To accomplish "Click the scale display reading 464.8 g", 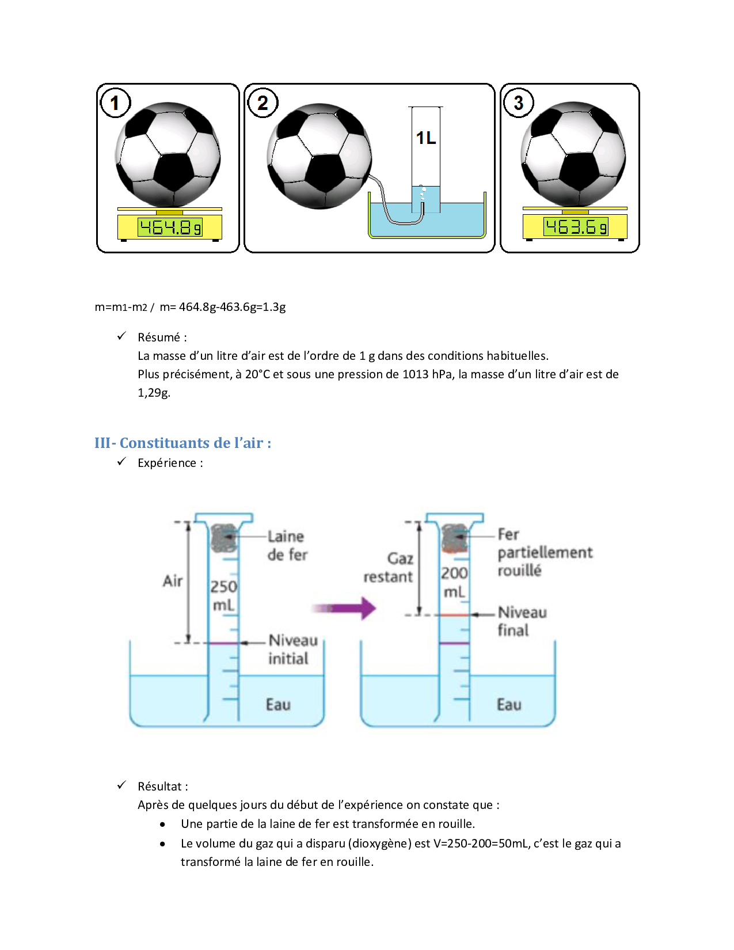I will [170, 227].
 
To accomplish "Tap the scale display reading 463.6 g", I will [575, 227].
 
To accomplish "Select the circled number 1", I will [115, 103].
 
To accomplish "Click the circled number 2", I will [263, 103].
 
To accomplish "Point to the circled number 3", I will [518, 103].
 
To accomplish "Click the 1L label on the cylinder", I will [426, 138].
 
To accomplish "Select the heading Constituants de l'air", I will [182, 443].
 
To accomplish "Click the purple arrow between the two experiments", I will [345, 608].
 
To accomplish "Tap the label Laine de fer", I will [287, 545].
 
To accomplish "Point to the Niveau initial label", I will [292, 649].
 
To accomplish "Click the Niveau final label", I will [522, 621].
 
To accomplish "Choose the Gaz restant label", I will [389, 567].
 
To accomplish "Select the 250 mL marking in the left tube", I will [223, 595].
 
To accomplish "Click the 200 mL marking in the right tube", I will [454, 582].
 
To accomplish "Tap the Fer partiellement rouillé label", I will [544, 552].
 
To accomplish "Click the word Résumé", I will [159, 337].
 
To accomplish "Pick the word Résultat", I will [160, 786].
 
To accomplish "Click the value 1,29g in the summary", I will [154, 393].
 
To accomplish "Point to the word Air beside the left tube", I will [173, 580].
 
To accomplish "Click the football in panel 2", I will [320, 156].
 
